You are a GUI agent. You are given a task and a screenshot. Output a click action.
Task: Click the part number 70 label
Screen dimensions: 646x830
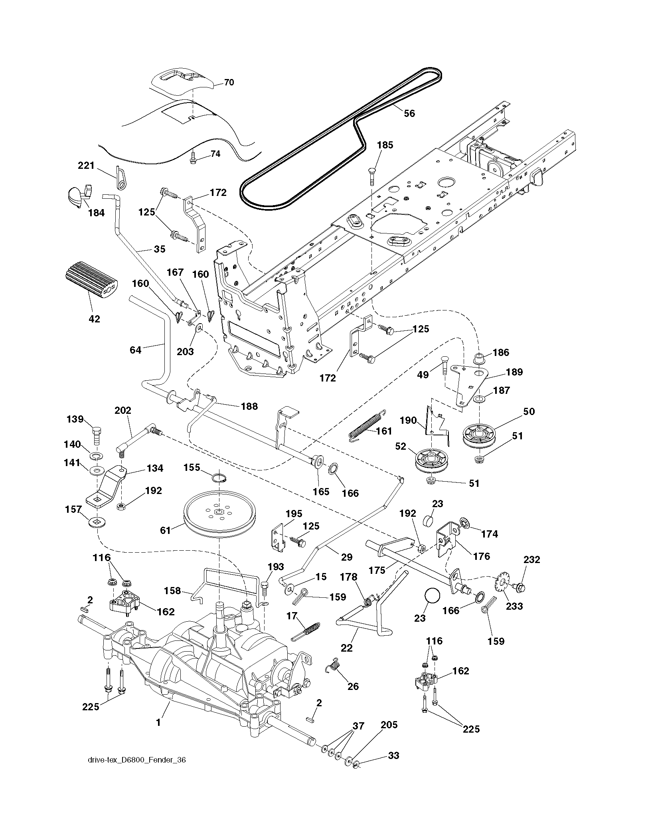(x=229, y=83)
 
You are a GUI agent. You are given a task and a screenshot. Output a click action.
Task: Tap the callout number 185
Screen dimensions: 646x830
(x=385, y=145)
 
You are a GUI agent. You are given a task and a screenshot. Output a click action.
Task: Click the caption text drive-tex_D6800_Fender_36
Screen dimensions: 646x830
(x=136, y=771)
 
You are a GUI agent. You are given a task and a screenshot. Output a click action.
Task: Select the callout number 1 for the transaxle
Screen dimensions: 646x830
(x=158, y=722)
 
